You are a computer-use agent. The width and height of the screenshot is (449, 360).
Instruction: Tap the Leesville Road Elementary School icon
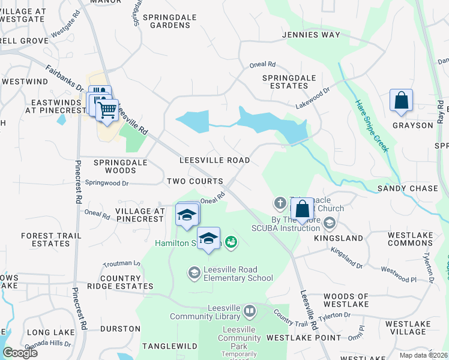pyautogui.click(x=194, y=273)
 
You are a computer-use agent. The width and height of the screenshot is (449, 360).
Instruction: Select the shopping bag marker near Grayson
pyautogui.click(x=401, y=101)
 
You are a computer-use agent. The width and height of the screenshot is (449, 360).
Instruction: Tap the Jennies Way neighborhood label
pyautogui.click(x=311, y=35)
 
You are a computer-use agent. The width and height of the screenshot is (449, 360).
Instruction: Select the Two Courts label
pyautogui.click(x=195, y=181)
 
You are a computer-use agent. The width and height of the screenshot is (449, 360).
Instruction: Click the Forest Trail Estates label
pyautogui.click(x=51, y=240)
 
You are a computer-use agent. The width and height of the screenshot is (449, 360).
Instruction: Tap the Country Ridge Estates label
pyautogui.click(x=128, y=283)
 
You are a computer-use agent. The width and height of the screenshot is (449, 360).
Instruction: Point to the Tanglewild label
pyautogui.click(x=170, y=346)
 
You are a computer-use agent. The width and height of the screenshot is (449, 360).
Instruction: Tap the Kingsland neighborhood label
pyautogui.click(x=339, y=238)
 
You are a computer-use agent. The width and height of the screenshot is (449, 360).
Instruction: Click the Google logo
pyautogui.click(x=20, y=353)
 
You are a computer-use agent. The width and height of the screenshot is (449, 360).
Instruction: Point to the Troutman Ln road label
pyautogui.click(x=121, y=263)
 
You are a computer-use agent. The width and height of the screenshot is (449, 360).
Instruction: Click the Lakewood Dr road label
pyautogui.click(x=313, y=98)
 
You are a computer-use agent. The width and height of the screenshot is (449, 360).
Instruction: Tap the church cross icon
pyautogui.click(x=280, y=202)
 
